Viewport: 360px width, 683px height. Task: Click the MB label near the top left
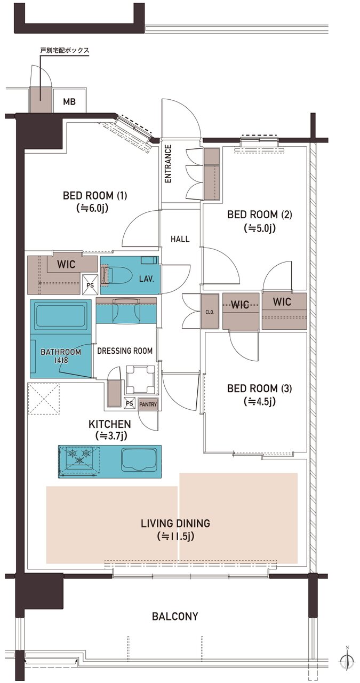[69, 101]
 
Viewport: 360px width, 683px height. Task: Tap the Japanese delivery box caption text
[65, 50]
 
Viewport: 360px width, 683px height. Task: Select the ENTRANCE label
[168, 164]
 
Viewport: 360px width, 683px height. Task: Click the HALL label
[180, 239]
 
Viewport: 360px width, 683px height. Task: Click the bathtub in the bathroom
[60, 315]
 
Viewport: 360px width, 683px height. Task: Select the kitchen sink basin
[140, 459]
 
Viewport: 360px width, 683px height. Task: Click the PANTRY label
[148, 404]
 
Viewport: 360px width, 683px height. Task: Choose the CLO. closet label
[210, 312]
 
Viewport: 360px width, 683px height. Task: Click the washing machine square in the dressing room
[141, 379]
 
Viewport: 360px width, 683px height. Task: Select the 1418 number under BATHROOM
[61, 360]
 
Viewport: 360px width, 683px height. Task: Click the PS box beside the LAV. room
[90, 285]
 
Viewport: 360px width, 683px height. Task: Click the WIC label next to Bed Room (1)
[66, 264]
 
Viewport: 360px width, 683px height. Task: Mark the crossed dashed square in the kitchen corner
[44, 399]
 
